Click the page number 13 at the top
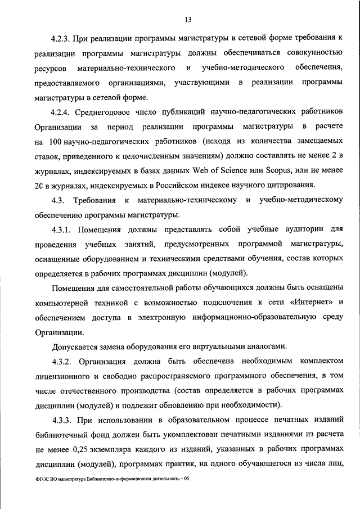point(188,20)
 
